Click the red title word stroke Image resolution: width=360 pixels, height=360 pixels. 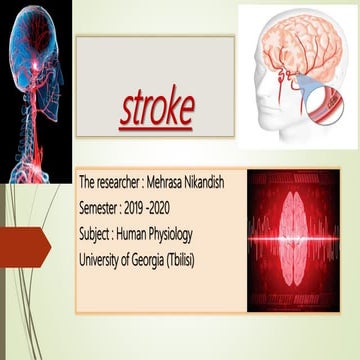pos(158,109)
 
